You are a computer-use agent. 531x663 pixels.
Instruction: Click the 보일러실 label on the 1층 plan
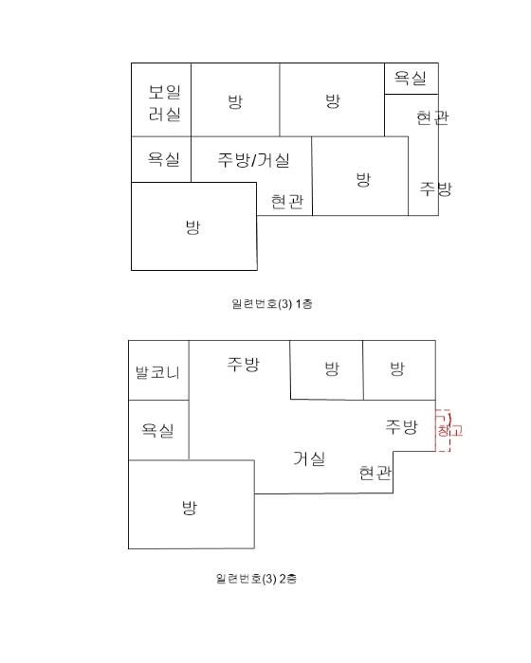[165, 102]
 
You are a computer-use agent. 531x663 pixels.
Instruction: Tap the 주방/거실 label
[253, 160]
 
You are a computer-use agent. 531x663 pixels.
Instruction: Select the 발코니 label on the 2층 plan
[157, 372]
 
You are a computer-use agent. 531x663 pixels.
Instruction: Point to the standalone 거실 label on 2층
[309, 458]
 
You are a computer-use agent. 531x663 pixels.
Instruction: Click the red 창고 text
[449, 431]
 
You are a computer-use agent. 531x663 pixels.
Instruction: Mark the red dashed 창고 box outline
[449, 430]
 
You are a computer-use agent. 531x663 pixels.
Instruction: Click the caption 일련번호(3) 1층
[272, 304]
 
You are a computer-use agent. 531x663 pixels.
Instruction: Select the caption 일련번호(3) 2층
[256, 578]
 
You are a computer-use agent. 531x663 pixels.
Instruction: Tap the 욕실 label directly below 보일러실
[163, 159]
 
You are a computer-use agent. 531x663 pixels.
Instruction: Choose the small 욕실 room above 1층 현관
[412, 79]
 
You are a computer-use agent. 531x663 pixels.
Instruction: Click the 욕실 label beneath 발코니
[157, 430]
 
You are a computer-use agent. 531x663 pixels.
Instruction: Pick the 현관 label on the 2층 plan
[375, 473]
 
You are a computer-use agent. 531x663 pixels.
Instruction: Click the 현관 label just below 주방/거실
[287, 201]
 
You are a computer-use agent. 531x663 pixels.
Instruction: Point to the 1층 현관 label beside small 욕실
[432, 117]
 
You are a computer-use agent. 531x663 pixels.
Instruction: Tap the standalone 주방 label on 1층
[436, 188]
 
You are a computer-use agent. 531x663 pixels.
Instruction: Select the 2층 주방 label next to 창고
[401, 426]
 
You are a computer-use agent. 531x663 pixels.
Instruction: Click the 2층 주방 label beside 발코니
[243, 364]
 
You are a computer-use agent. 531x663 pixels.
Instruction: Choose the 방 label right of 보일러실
[235, 101]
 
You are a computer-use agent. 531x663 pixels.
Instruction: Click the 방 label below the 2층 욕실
[190, 507]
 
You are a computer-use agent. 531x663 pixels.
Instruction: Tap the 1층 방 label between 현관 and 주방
[363, 179]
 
